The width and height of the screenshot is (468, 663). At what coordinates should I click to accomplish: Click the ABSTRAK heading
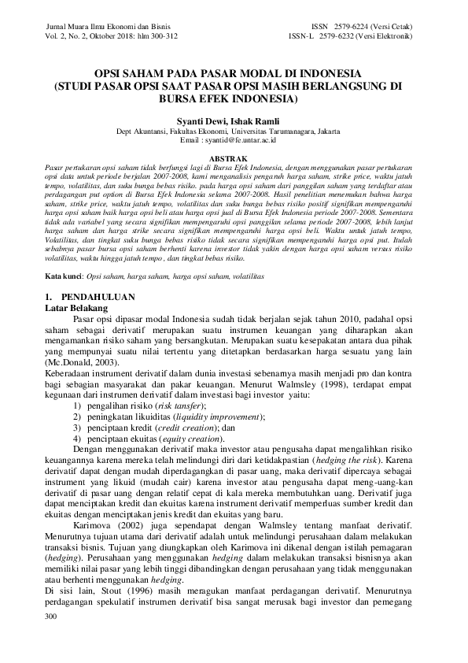tap(233, 157)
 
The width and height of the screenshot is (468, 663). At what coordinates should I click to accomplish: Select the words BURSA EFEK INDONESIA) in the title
tap(234, 100)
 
